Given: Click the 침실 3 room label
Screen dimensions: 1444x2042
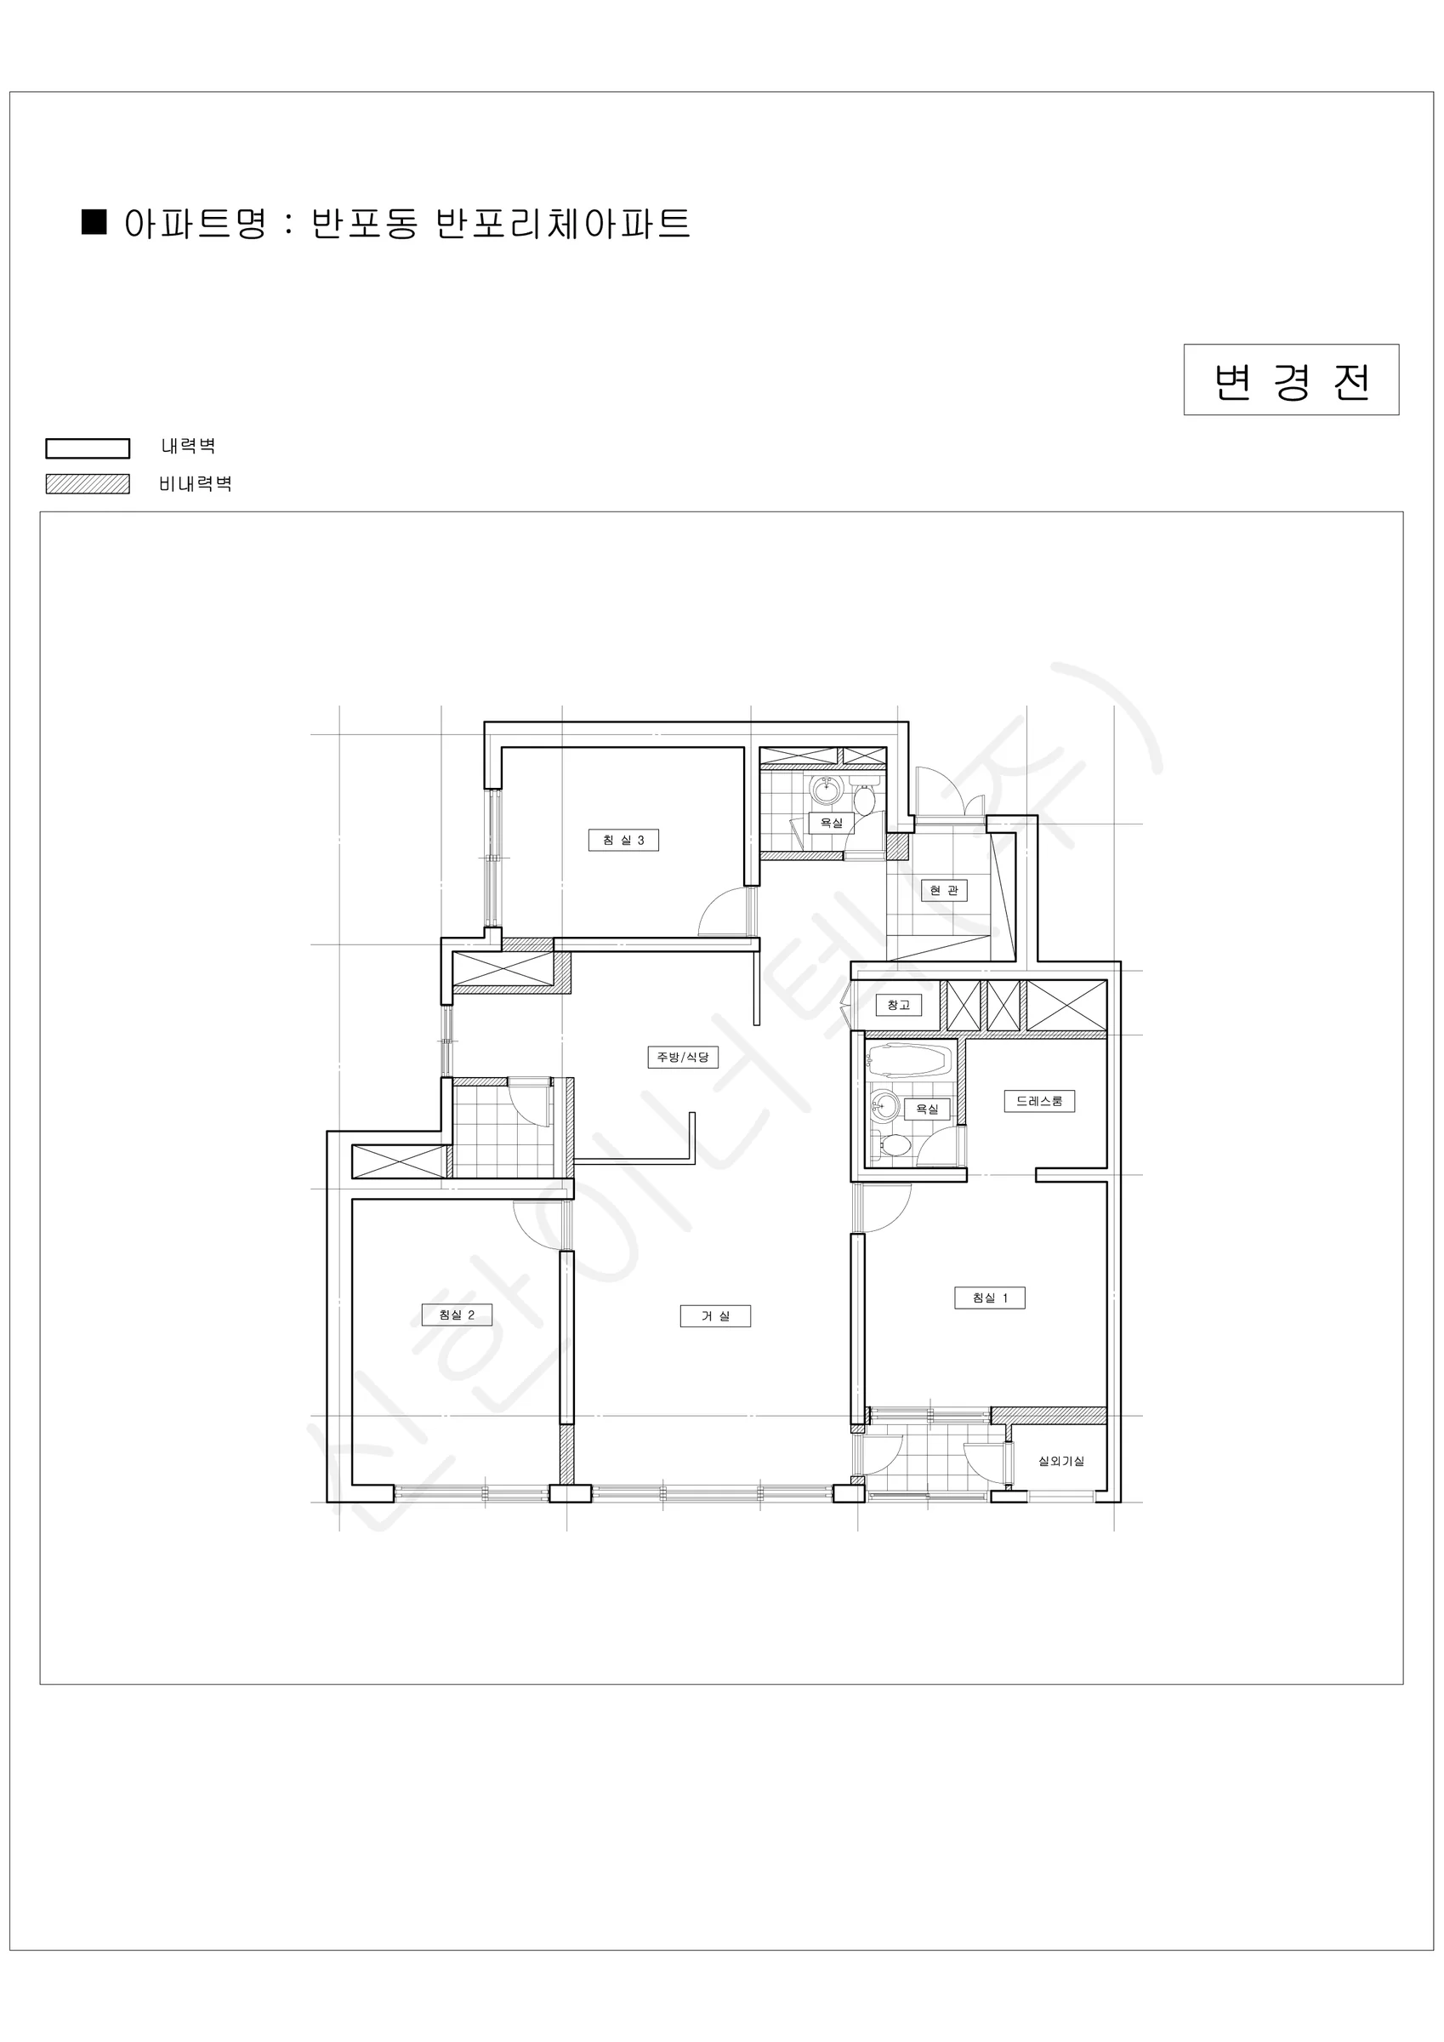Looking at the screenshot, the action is coord(623,840).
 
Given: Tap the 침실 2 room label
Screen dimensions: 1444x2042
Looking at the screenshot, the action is coord(456,1315).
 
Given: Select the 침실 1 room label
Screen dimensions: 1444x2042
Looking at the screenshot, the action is coord(990,1298).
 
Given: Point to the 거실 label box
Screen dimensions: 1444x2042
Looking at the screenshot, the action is coord(715,1315).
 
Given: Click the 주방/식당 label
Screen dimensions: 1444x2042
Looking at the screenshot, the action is coord(682,1057).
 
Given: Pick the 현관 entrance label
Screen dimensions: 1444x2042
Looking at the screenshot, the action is coord(943,890).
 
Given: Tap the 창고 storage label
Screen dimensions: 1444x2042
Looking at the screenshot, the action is coord(898,1005).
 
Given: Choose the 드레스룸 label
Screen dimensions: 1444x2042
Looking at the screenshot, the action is coord(1039,1100).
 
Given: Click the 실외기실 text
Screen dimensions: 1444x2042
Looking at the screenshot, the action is coord(1061,1461).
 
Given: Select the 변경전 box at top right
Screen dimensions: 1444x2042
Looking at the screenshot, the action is coord(1291,379).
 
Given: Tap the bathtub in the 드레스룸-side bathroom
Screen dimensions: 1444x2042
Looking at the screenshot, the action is coord(908,1061).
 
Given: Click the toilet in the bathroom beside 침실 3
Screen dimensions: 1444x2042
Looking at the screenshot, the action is coord(864,796).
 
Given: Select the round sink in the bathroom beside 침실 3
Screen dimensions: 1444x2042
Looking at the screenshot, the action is coord(826,786).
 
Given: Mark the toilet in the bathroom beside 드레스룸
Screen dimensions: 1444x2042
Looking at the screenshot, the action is coord(892,1145).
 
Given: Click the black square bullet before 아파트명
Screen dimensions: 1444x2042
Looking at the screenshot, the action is coord(94,221).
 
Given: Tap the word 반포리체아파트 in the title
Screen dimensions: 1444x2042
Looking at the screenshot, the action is coord(563,222).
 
